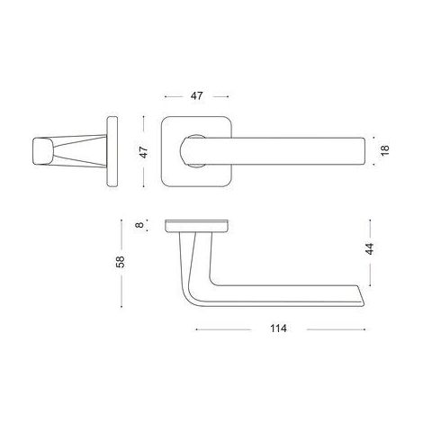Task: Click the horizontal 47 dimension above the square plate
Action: point(197,96)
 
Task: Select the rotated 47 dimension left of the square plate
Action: point(144,152)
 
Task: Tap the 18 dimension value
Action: point(385,150)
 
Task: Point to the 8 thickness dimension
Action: point(139,224)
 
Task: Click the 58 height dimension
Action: point(120,262)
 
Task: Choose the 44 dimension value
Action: point(369,248)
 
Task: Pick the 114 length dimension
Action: point(278,328)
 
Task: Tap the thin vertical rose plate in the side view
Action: point(112,152)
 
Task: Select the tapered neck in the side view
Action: point(80,151)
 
